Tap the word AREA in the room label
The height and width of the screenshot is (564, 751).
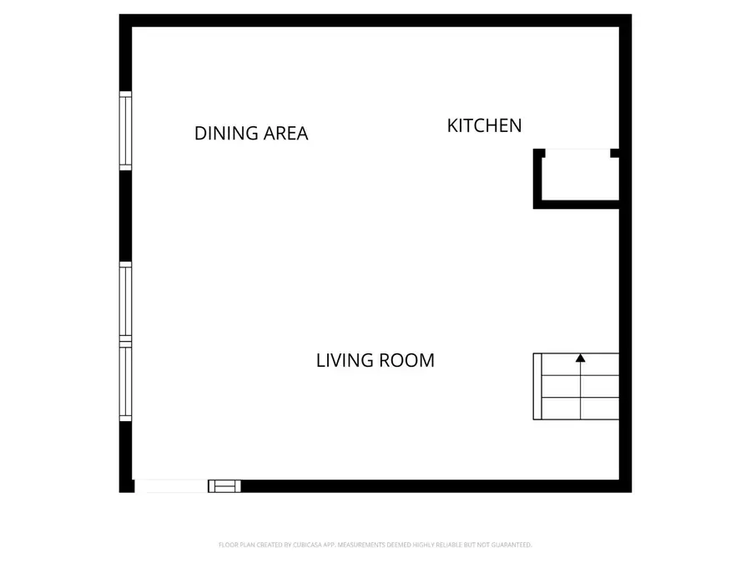[x=285, y=133]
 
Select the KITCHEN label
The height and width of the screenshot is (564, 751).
[x=484, y=125]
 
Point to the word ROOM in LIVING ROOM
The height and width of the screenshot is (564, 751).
[x=407, y=360]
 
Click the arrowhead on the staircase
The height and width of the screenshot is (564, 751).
[x=581, y=358]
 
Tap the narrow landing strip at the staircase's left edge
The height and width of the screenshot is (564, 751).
[x=537, y=386]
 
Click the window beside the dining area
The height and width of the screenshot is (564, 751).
[x=126, y=130]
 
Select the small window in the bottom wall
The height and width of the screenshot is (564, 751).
[x=224, y=485]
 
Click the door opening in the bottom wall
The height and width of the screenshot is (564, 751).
[x=171, y=486]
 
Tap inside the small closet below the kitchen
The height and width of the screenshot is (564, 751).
[x=580, y=178]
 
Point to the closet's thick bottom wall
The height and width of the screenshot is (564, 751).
[x=577, y=204]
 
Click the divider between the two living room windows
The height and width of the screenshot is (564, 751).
[x=126, y=341]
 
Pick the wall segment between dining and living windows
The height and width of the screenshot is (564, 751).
[x=126, y=216]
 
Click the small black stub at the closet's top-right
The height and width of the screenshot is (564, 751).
[x=615, y=153]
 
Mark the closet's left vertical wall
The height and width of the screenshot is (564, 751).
[x=538, y=178]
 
